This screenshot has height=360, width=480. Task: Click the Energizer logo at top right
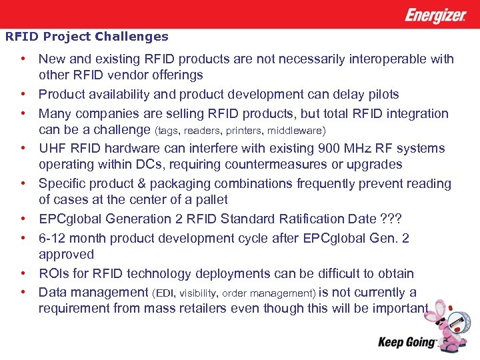pyautogui.click(x=435, y=15)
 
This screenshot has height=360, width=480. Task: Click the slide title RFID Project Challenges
pyautogui.click(x=87, y=37)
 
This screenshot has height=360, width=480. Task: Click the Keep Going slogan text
pyautogui.click(x=407, y=343)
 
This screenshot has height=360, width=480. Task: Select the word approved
pyautogui.click(x=67, y=254)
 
